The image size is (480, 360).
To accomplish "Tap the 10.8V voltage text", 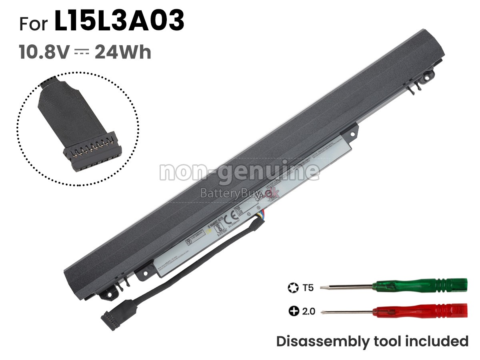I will click(x=44, y=52).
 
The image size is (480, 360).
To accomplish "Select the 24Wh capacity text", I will click(x=123, y=52).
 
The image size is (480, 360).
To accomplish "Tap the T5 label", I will click(x=308, y=287).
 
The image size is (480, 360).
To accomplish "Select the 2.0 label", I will click(x=308, y=311).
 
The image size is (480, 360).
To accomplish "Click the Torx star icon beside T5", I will click(x=293, y=287).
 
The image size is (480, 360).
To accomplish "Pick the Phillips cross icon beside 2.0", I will click(x=293, y=311).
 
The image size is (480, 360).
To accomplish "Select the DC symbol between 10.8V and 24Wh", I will click(x=82, y=52).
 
